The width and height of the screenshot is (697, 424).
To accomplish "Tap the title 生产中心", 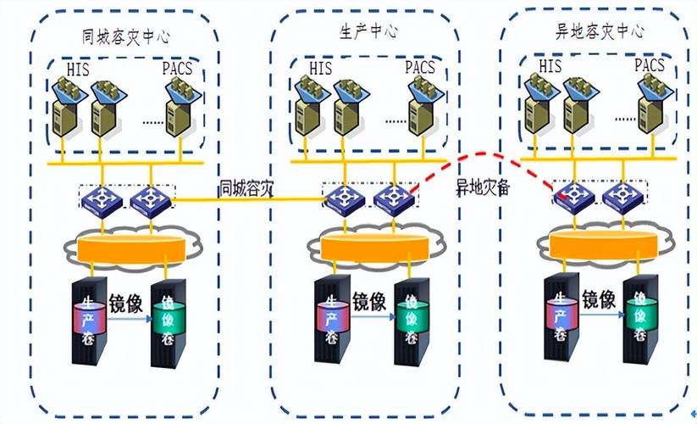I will [x=368, y=31].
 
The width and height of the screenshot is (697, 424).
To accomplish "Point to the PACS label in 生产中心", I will [x=420, y=66].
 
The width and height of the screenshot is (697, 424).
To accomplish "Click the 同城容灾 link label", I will [x=246, y=188].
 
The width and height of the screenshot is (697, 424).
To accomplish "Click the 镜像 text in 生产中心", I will [x=368, y=300].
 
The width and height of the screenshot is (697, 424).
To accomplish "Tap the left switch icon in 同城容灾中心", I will [x=99, y=200].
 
